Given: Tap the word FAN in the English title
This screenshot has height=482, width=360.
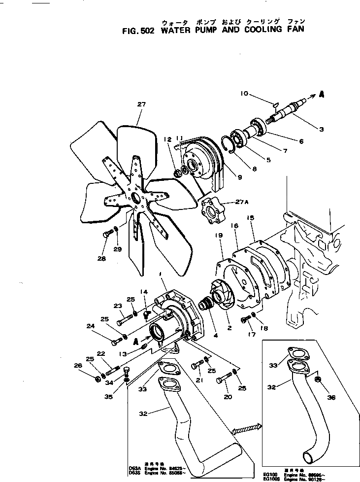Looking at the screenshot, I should pyautogui.click(x=294, y=29).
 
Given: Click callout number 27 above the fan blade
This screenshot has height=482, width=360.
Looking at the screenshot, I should pyautogui.click(x=142, y=104).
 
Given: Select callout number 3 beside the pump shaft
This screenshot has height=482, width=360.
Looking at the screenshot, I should pyautogui.click(x=321, y=130).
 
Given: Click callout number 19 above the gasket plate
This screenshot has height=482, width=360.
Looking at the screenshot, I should pyautogui.click(x=218, y=236).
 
